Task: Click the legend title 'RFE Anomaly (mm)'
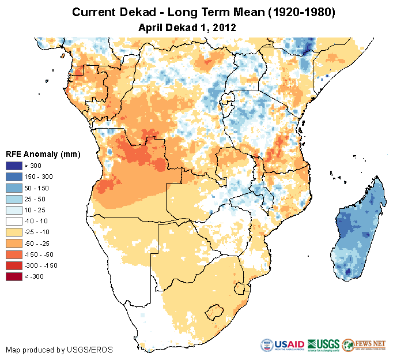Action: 43,154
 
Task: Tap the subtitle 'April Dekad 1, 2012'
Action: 187,27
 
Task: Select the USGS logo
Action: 323,345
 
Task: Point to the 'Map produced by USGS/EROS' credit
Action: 59,350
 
